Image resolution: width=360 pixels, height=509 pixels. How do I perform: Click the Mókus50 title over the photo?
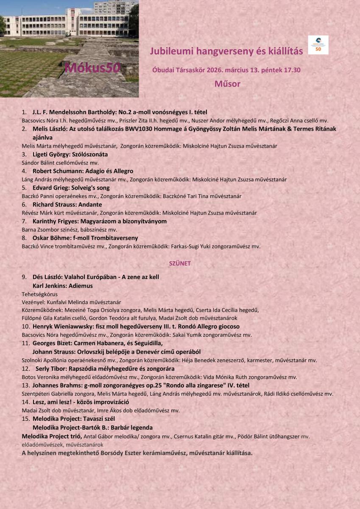coord(93,68)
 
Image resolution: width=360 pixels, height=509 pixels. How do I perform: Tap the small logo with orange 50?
coord(318,45)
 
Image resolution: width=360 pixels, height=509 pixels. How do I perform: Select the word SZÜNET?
coord(180,263)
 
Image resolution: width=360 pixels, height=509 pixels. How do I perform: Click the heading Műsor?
coord(227,84)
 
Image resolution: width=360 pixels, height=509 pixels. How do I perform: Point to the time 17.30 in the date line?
coord(292,70)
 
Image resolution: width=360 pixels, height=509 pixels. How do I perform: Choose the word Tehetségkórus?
coord(39,294)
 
